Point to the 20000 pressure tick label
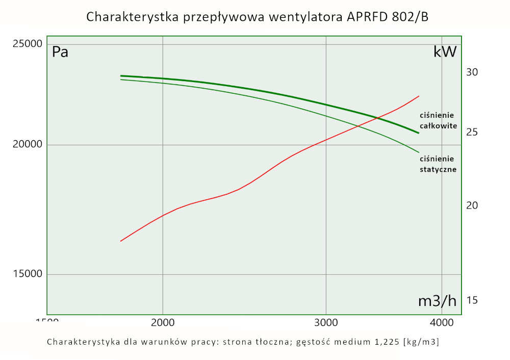point(27,145)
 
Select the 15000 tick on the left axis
point(27,274)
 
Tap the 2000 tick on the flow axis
point(163,323)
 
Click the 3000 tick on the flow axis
point(326,323)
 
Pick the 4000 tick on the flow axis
point(442,323)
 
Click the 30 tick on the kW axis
point(472,72)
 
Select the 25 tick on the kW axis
point(472,132)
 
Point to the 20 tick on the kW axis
point(472,205)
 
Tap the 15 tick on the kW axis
point(472,300)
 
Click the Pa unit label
point(60,52)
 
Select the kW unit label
point(445,52)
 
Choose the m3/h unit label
point(437,301)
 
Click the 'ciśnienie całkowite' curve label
point(438,120)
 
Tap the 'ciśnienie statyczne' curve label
point(438,164)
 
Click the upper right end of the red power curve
point(419,96)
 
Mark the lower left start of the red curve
point(121,241)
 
